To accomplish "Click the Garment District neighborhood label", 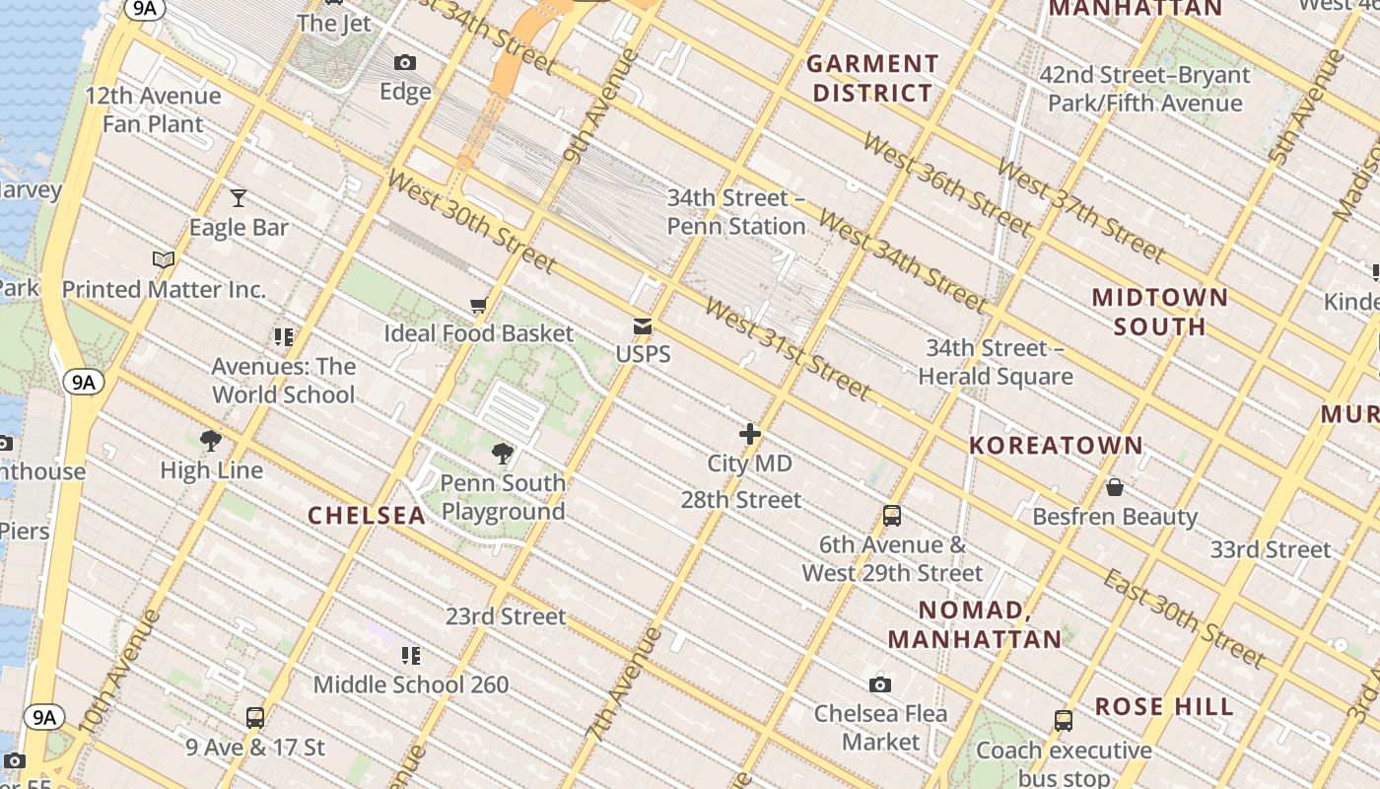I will (x=870, y=79).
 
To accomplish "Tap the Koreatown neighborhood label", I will (x=1056, y=446).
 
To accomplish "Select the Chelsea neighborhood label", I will (x=367, y=515).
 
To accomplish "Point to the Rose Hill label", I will (x=1164, y=707).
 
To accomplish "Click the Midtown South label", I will (x=1160, y=312).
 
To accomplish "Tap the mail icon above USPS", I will (x=643, y=326).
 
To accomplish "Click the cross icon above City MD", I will (x=750, y=434).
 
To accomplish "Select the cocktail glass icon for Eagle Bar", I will (x=239, y=198).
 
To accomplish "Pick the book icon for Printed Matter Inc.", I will (x=164, y=260).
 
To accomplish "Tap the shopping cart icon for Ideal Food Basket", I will (x=479, y=306).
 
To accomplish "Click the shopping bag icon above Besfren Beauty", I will (x=1115, y=487).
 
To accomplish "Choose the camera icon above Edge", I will (x=405, y=63).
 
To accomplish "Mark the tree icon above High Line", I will (x=211, y=441).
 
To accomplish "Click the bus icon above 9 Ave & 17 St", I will (x=255, y=718).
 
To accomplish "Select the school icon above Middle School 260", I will (x=411, y=656).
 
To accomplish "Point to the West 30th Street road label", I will (x=471, y=221).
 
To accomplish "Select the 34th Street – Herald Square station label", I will (x=996, y=362).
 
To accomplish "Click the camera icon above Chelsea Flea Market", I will (x=880, y=684).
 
